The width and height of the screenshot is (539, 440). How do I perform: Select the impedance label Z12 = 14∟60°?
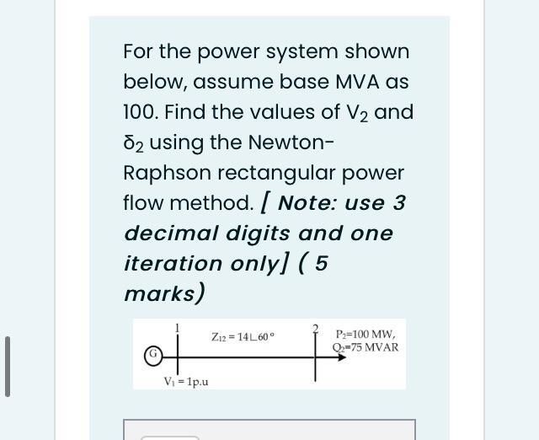tap(242, 337)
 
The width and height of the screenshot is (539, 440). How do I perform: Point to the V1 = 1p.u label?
tap(186, 382)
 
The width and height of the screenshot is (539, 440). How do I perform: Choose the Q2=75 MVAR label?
tap(366, 346)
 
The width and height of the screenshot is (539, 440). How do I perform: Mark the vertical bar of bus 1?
tap(179, 354)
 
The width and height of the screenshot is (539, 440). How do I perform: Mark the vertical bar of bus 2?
tap(317, 356)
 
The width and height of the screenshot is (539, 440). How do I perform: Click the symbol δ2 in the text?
tap(135, 142)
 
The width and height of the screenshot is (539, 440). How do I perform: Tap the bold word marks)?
tap(164, 293)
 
